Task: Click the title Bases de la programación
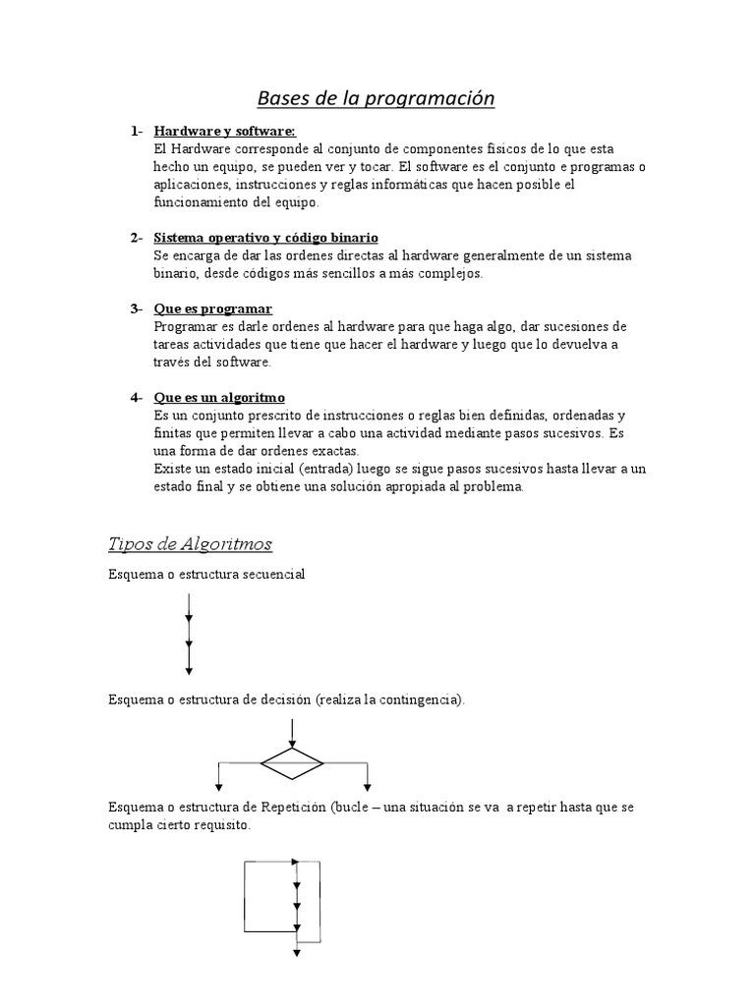pyautogui.click(x=376, y=98)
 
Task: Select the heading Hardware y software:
pyautogui.click(x=224, y=132)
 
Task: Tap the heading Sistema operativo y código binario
pyautogui.click(x=265, y=239)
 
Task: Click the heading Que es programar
pyautogui.click(x=213, y=309)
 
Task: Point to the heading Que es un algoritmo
pyautogui.click(x=219, y=398)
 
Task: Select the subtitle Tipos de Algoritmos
pyautogui.click(x=189, y=544)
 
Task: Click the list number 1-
pyautogui.click(x=137, y=132)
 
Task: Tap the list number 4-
pyautogui.click(x=137, y=398)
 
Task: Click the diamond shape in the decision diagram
pyautogui.click(x=292, y=762)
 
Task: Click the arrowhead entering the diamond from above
pyautogui.click(x=292, y=741)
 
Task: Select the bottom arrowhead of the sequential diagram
pyautogui.click(x=188, y=669)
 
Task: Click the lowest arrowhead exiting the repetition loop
pyautogui.click(x=296, y=950)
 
